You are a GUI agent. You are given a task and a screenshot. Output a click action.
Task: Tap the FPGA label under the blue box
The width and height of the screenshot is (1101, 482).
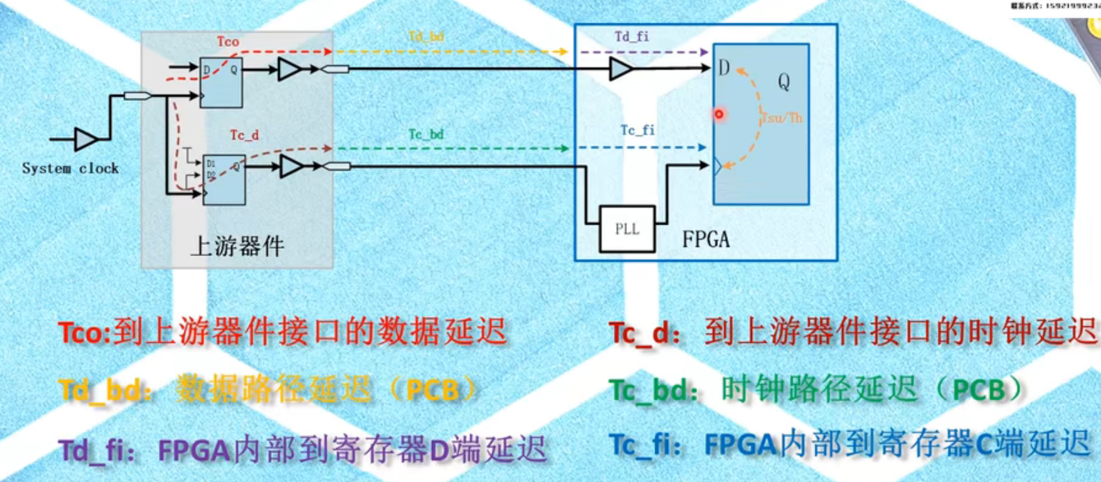coord(706,241)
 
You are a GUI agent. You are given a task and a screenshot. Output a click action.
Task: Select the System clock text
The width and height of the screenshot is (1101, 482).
coord(70,168)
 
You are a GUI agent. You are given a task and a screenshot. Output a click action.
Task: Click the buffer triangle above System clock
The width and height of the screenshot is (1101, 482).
coord(85,139)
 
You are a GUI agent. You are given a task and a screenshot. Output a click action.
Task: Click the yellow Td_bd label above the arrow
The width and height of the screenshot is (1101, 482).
coord(427,37)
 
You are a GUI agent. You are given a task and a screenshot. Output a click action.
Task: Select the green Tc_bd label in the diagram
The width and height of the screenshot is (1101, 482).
coord(426,133)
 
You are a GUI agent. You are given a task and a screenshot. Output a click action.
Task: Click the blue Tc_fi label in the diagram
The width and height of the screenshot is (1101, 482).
coord(638,130)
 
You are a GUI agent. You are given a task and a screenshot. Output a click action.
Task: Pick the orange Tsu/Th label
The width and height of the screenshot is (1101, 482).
coord(783,117)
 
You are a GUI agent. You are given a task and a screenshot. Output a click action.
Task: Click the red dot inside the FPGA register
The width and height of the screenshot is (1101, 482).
coord(719,114)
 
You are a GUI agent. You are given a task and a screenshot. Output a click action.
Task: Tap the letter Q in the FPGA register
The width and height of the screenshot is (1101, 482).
coord(784,81)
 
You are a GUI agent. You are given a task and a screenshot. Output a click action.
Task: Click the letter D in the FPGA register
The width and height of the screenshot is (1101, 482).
coord(724,67)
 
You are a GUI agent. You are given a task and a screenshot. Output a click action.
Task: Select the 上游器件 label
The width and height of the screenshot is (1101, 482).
coord(237,246)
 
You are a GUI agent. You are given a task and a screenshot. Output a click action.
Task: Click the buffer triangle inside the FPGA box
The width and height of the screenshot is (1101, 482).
coord(621,70)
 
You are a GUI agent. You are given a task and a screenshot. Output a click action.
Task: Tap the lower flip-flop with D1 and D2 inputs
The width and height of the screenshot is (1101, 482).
coord(223,180)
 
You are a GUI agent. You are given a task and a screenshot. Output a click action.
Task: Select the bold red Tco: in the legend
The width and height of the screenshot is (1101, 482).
coord(85,333)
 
